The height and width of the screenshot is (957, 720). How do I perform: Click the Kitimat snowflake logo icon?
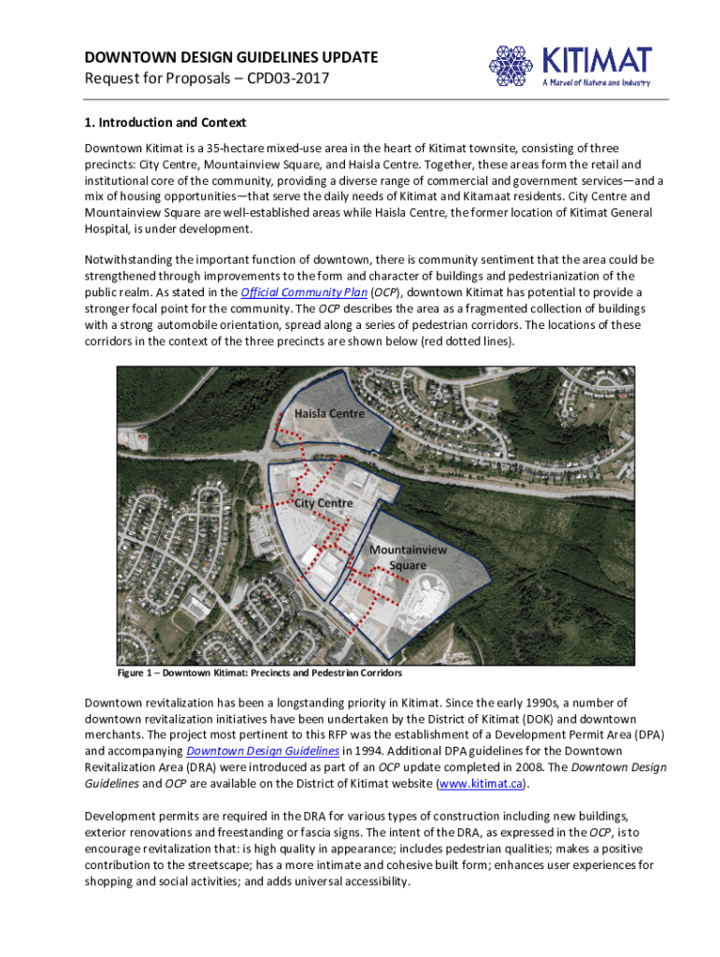pyautogui.click(x=511, y=65)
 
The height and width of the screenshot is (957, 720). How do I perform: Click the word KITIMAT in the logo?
pyautogui.click(x=597, y=60)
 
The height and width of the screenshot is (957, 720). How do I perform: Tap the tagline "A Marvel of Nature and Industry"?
pyautogui.click(x=596, y=83)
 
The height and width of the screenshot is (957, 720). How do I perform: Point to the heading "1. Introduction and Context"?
pyautogui.click(x=165, y=122)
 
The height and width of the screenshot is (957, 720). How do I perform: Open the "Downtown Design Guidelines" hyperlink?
pyautogui.click(x=261, y=750)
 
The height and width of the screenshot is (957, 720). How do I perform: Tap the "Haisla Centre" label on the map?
pyautogui.click(x=329, y=413)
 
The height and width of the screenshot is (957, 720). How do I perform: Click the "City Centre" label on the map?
pyautogui.click(x=324, y=503)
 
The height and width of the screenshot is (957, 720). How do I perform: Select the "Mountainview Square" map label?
pyautogui.click(x=408, y=558)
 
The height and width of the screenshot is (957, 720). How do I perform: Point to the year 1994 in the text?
pyautogui.click(x=360, y=750)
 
